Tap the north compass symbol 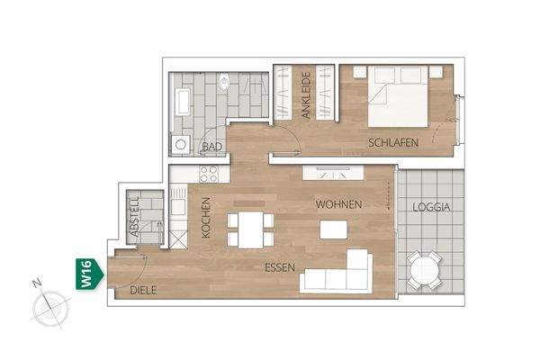coord(49,310)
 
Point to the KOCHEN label coord(205,217)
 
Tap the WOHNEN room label coord(338,205)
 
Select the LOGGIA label coord(431,207)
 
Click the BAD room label coord(212,146)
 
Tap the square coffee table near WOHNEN coord(333,229)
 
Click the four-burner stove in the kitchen coord(209,173)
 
